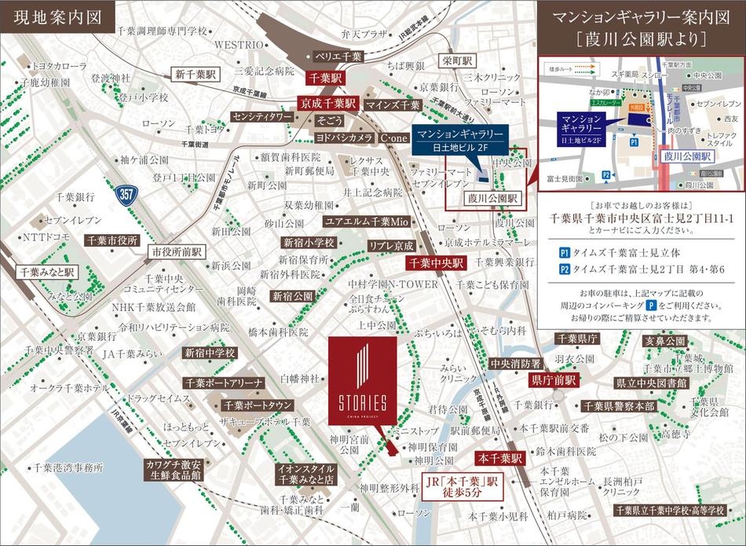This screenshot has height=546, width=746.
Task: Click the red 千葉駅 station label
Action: pos(327,79)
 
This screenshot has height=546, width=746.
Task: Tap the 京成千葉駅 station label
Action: pos(327,103)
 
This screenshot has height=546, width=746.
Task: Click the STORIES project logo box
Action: pos(363,384)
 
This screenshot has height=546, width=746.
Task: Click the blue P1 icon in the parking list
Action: pos(565,254)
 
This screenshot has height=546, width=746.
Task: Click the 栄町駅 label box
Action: pos(455,60)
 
